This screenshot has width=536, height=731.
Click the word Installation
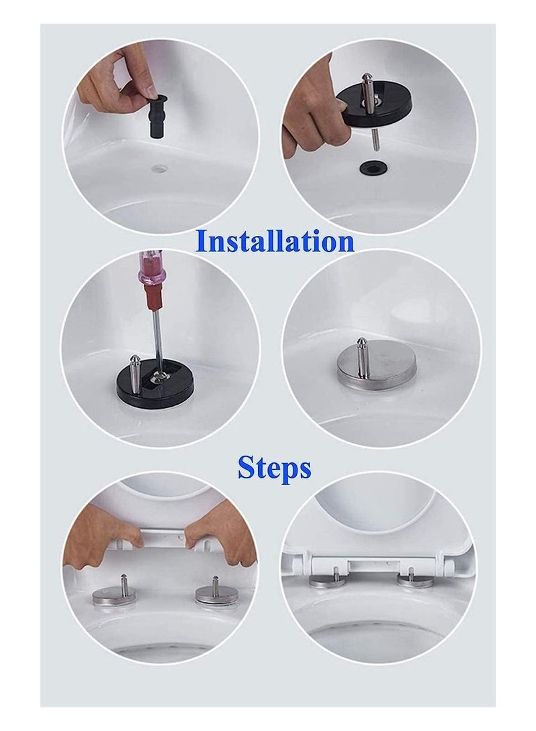tap(275, 242)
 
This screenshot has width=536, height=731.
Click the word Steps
tap(275, 469)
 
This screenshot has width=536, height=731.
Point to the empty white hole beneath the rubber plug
tap(161, 164)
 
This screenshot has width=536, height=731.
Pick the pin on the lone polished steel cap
tap(362, 355)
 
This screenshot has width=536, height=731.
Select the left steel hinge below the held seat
tap(114, 594)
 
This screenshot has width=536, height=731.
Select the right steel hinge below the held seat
tap(216, 594)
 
